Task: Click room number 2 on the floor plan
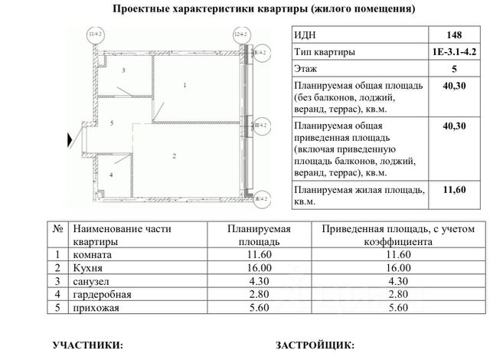click(x=175, y=156)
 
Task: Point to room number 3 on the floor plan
click(x=122, y=70)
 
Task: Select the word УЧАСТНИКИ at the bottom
click(x=86, y=346)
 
